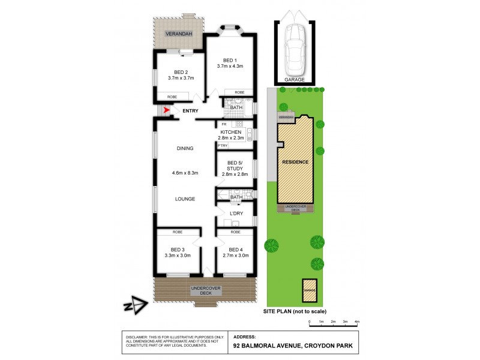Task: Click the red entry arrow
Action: coord(166,110)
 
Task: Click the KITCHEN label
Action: coord(231,132)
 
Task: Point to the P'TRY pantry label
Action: coord(222,146)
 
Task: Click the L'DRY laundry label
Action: coord(236,213)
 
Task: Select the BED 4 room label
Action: coord(235,249)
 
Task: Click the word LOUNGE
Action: coord(185,199)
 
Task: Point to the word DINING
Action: coord(185,149)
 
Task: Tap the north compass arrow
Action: coord(137,306)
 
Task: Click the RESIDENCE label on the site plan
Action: coord(295,162)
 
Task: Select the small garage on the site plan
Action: coord(309,289)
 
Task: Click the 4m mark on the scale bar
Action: coord(357,322)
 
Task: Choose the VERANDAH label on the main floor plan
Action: coord(179,33)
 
